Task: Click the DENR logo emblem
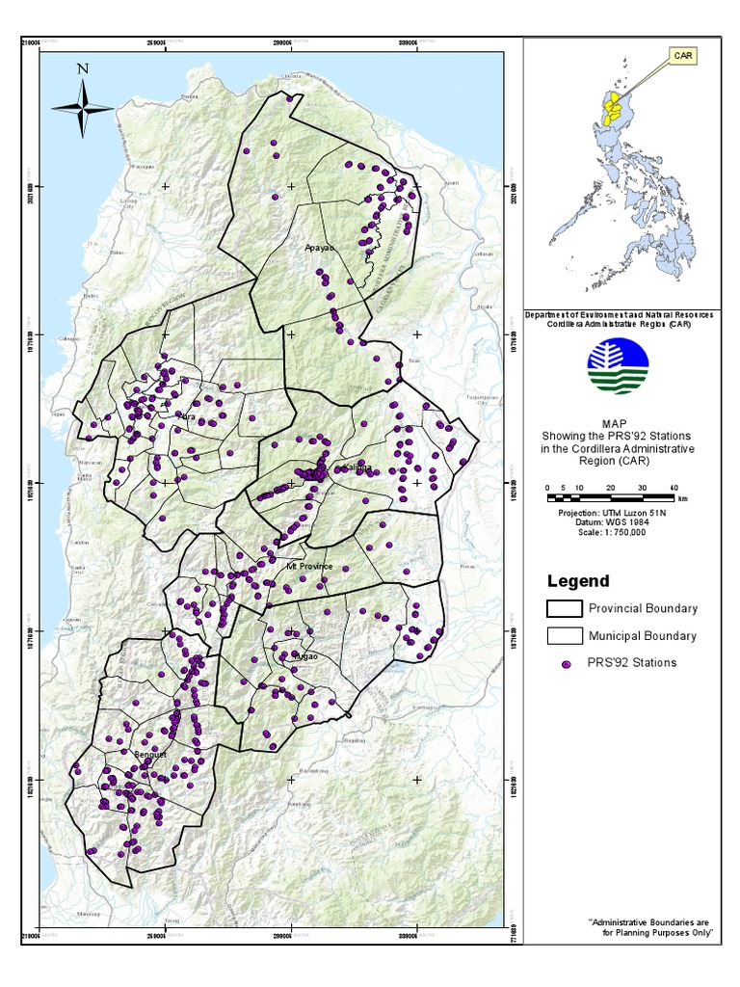tap(618, 367)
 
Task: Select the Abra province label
tap(189, 417)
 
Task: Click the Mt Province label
tap(309, 566)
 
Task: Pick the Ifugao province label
tap(306, 655)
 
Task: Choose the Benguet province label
tap(151, 755)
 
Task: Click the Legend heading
tap(578, 581)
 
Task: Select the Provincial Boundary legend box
tap(564, 609)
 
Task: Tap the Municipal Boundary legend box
tap(564, 636)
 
